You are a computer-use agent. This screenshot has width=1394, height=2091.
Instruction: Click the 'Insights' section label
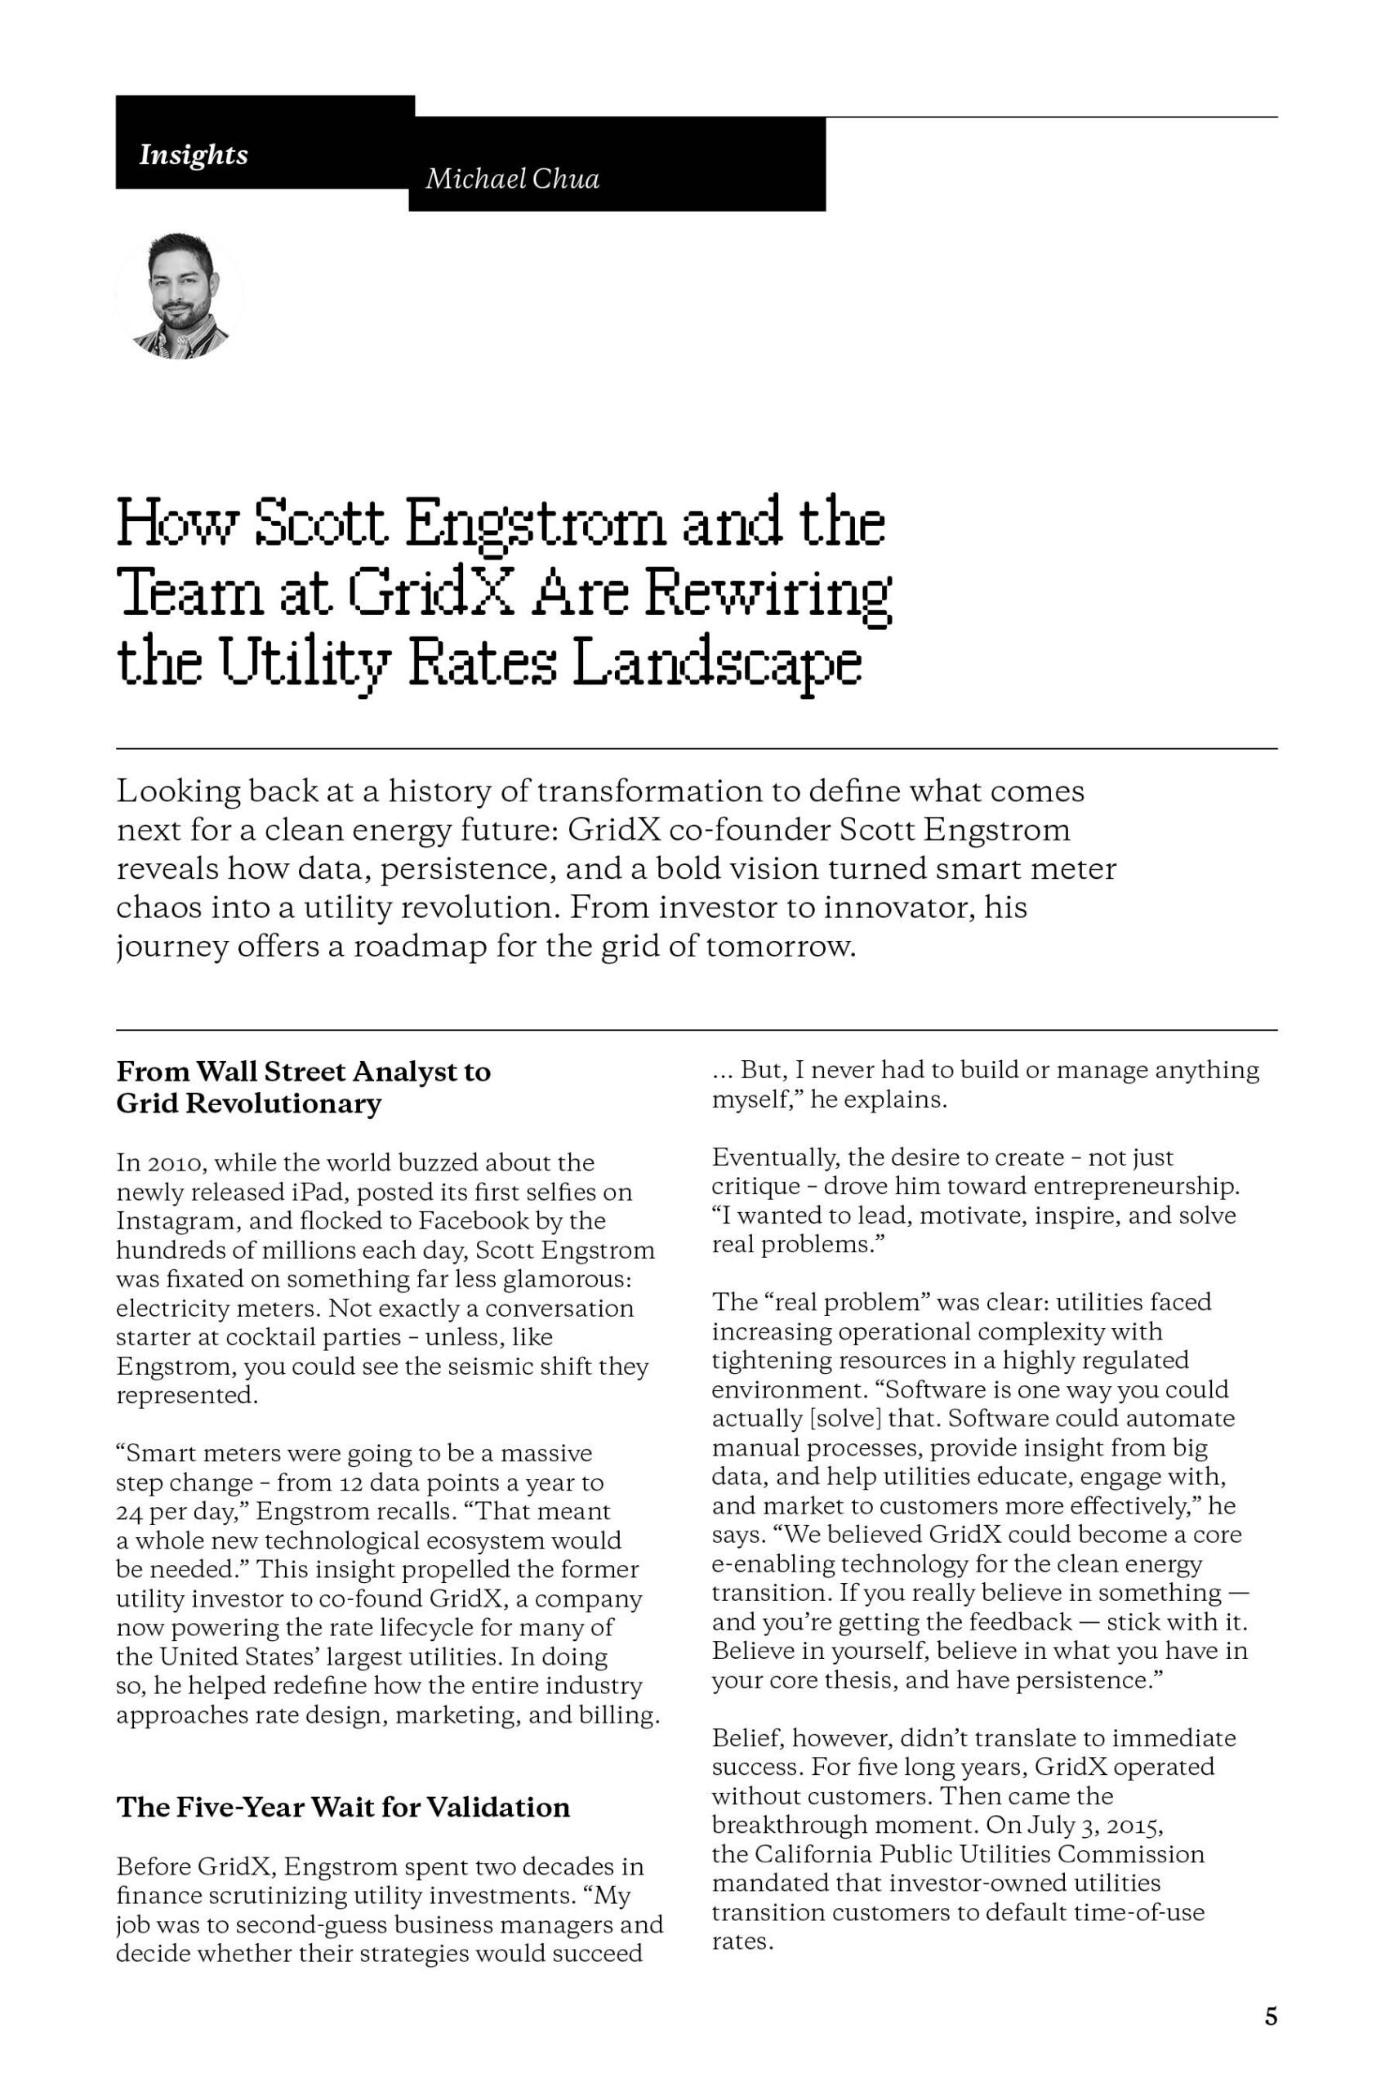193,154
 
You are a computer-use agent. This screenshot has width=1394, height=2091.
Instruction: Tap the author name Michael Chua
512,179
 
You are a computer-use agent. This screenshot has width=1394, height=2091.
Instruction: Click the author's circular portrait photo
180,296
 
